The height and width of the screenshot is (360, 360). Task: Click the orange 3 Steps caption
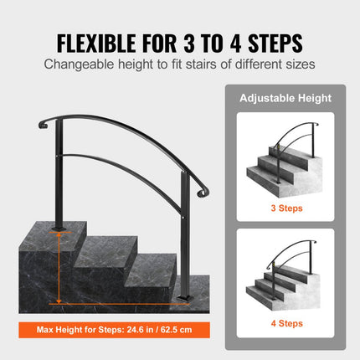coord(286,207)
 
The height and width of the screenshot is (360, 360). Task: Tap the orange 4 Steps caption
coord(286,321)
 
